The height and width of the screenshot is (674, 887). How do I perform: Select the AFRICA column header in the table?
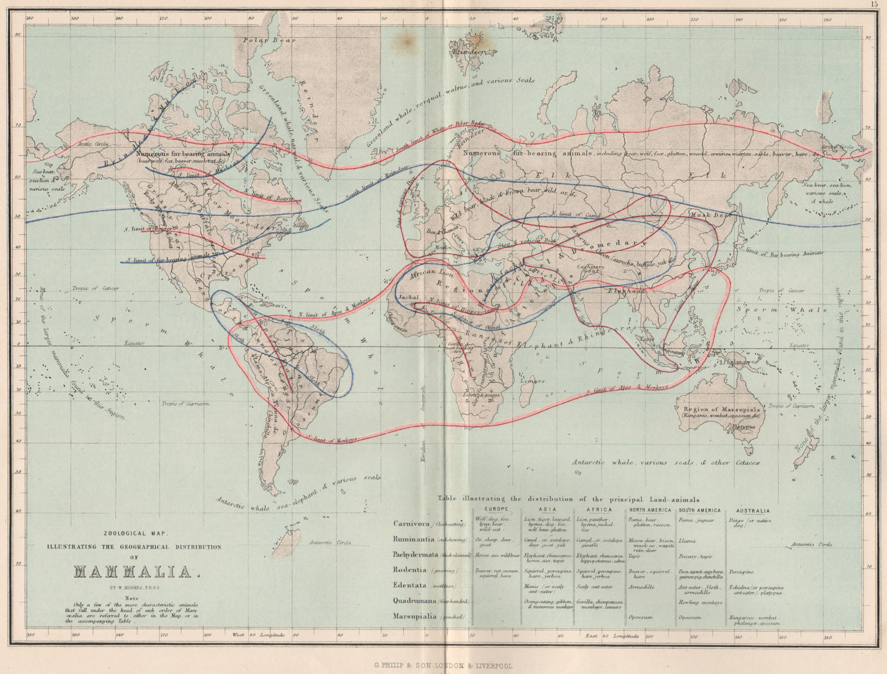coord(600,509)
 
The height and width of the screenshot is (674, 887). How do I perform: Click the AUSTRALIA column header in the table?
coord(753,510)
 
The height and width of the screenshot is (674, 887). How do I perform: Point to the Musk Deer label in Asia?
coord(707,214)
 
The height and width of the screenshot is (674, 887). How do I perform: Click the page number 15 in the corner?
coord(874,4)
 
